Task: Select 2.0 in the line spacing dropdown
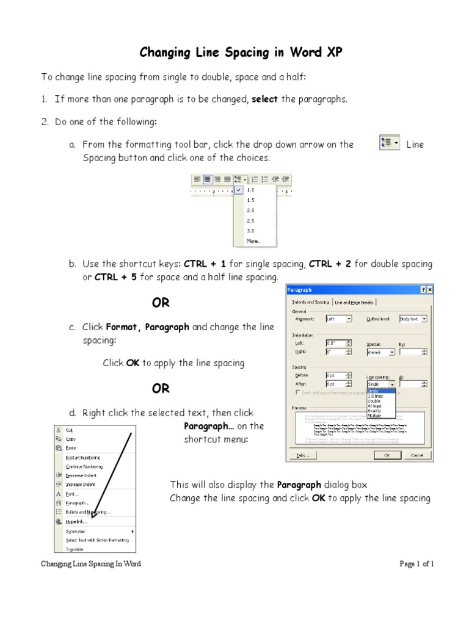pyautogui.click(x=250, y=210)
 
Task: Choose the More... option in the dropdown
pyautogui.click(x=253, y=241)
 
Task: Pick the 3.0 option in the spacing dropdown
pyautogui.click(x=250, y=231)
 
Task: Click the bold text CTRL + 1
pyautogui.click(x=205, y=264)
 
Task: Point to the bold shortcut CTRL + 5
pyautogui.click(x=116, y=278)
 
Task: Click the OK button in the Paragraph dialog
pyautogui.click(x=387, y=455)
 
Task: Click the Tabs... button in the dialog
pyautogui.click(x=304, y=455)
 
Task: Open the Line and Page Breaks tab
pyautogui.click(x=355, y=302)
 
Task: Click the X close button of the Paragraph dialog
pyautogui.click(x=429, y=290)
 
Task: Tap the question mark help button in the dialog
pyautogui.click(x=422, y=290)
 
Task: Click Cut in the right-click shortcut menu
pyautogui.click(x=70, y=430)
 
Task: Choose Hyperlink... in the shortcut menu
pyautogui.click(x=76, y=522)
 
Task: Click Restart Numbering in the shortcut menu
pyautogui.click(x=83, y=457)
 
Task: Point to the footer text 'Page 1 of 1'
pyautogui.click(x=416, y=564)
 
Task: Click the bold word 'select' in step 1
pyautogui.click(x=265, y=99)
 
